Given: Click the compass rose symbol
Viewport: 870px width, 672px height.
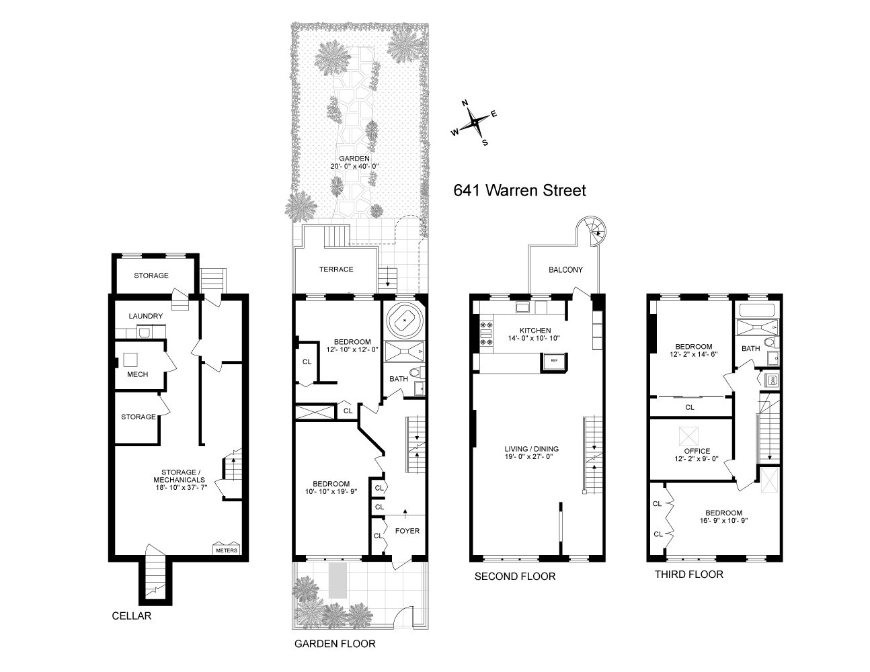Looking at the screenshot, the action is (475, 122).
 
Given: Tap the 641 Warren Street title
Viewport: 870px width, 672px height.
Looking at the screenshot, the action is (520, 190).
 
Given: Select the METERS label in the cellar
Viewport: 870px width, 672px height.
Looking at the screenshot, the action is (227, 550).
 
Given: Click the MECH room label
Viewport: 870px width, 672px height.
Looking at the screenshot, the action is (137, 374).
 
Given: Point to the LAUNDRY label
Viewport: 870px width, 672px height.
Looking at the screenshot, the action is (145, 316).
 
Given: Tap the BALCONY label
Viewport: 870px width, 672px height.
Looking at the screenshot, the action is (565, 269).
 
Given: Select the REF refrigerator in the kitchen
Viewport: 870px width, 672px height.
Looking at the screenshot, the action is (555, 361).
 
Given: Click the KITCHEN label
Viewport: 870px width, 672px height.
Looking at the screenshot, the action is (535, 331).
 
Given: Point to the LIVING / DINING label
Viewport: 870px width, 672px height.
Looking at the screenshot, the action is (532, 449).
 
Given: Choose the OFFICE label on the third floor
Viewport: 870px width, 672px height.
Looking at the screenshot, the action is (696, 451).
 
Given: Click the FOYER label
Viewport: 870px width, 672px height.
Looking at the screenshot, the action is (407, 531).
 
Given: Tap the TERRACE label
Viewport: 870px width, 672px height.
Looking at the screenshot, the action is (336, 269).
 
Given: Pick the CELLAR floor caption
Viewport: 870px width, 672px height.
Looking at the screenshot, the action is (131, 616).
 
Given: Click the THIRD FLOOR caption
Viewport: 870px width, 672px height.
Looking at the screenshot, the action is (689, 574).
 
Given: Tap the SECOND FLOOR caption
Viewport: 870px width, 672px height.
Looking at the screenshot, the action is (514, 577).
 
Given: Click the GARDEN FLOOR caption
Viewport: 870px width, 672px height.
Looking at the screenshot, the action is (335, 643).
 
